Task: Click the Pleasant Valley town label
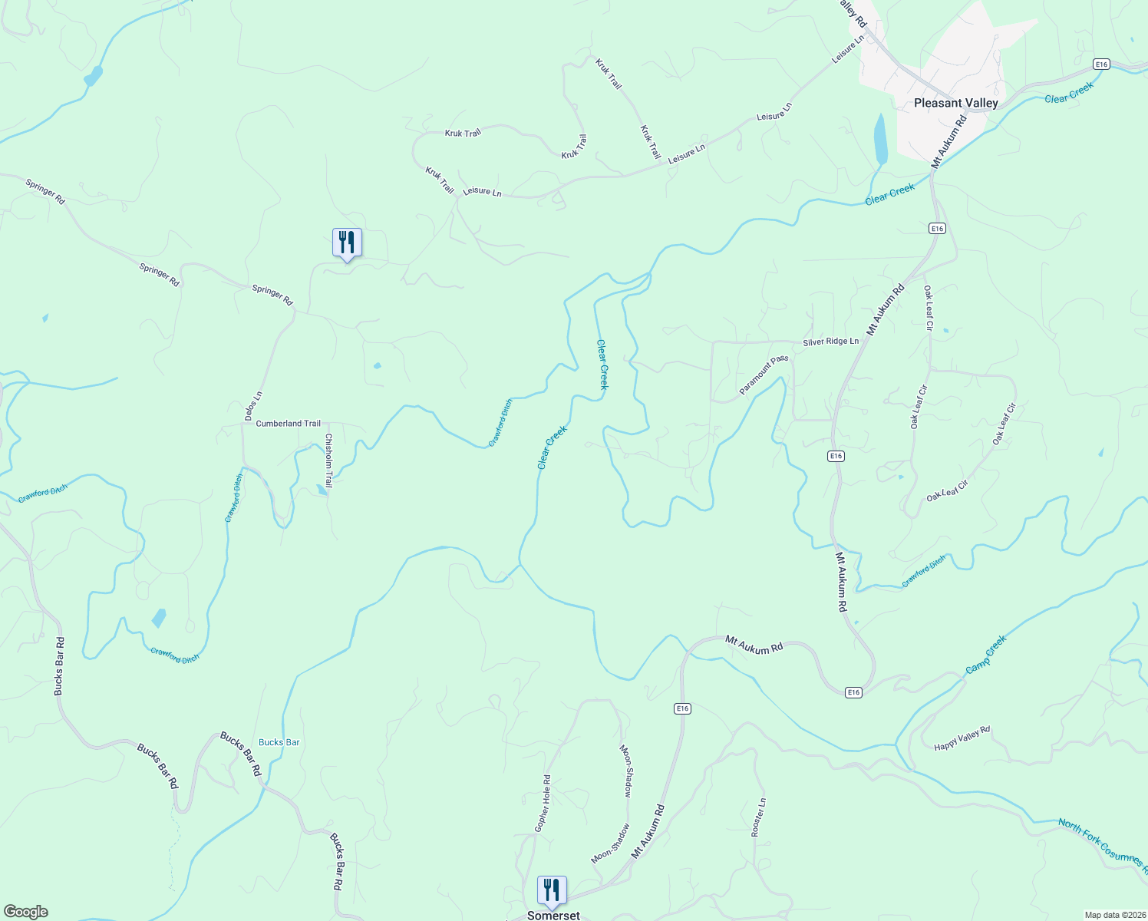[955, 103]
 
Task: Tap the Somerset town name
[553, 916]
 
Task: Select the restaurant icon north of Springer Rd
[347, 243]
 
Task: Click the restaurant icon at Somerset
[552, 890]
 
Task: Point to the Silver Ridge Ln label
[830, 342]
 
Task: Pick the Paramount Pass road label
[764, 375]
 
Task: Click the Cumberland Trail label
[288, 424]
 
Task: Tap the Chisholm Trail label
[328, 460]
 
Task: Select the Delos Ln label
[253, 406]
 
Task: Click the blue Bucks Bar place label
[279, 742]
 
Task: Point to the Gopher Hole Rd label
[543, 804]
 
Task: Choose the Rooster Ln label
[758, 817]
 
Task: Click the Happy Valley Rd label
[962, 738]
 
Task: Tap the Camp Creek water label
[985, 655]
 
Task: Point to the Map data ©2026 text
[1113, 915]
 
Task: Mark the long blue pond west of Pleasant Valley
[880, 138]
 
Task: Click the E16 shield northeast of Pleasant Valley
[1102, 64]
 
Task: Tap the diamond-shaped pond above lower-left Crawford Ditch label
[159, 618]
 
